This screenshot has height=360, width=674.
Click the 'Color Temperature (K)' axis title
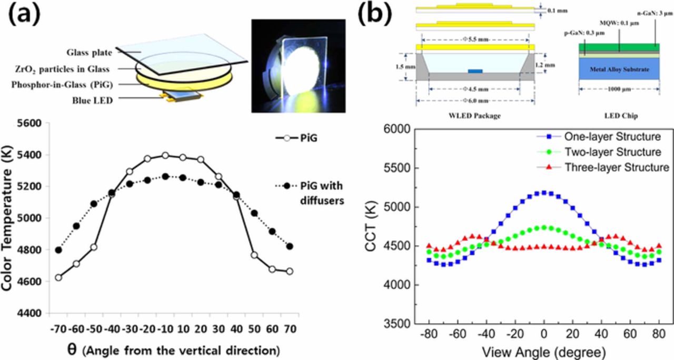8,218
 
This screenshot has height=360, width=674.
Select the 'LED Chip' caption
620,116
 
